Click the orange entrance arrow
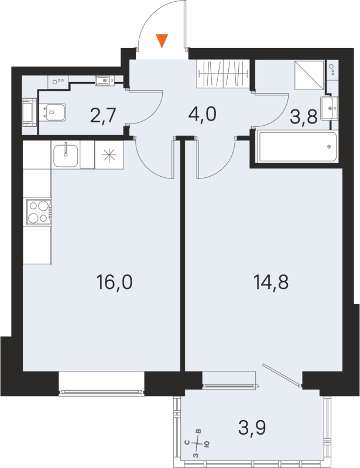[x=162, y=40]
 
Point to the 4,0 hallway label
[x=203, y=113]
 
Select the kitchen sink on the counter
[x=66, y=155]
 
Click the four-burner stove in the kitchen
[x=38, y=212]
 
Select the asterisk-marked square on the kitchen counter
[x=109, y=156]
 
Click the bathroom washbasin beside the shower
[x=335, y=107]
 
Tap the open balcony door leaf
[x=282, y=374]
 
